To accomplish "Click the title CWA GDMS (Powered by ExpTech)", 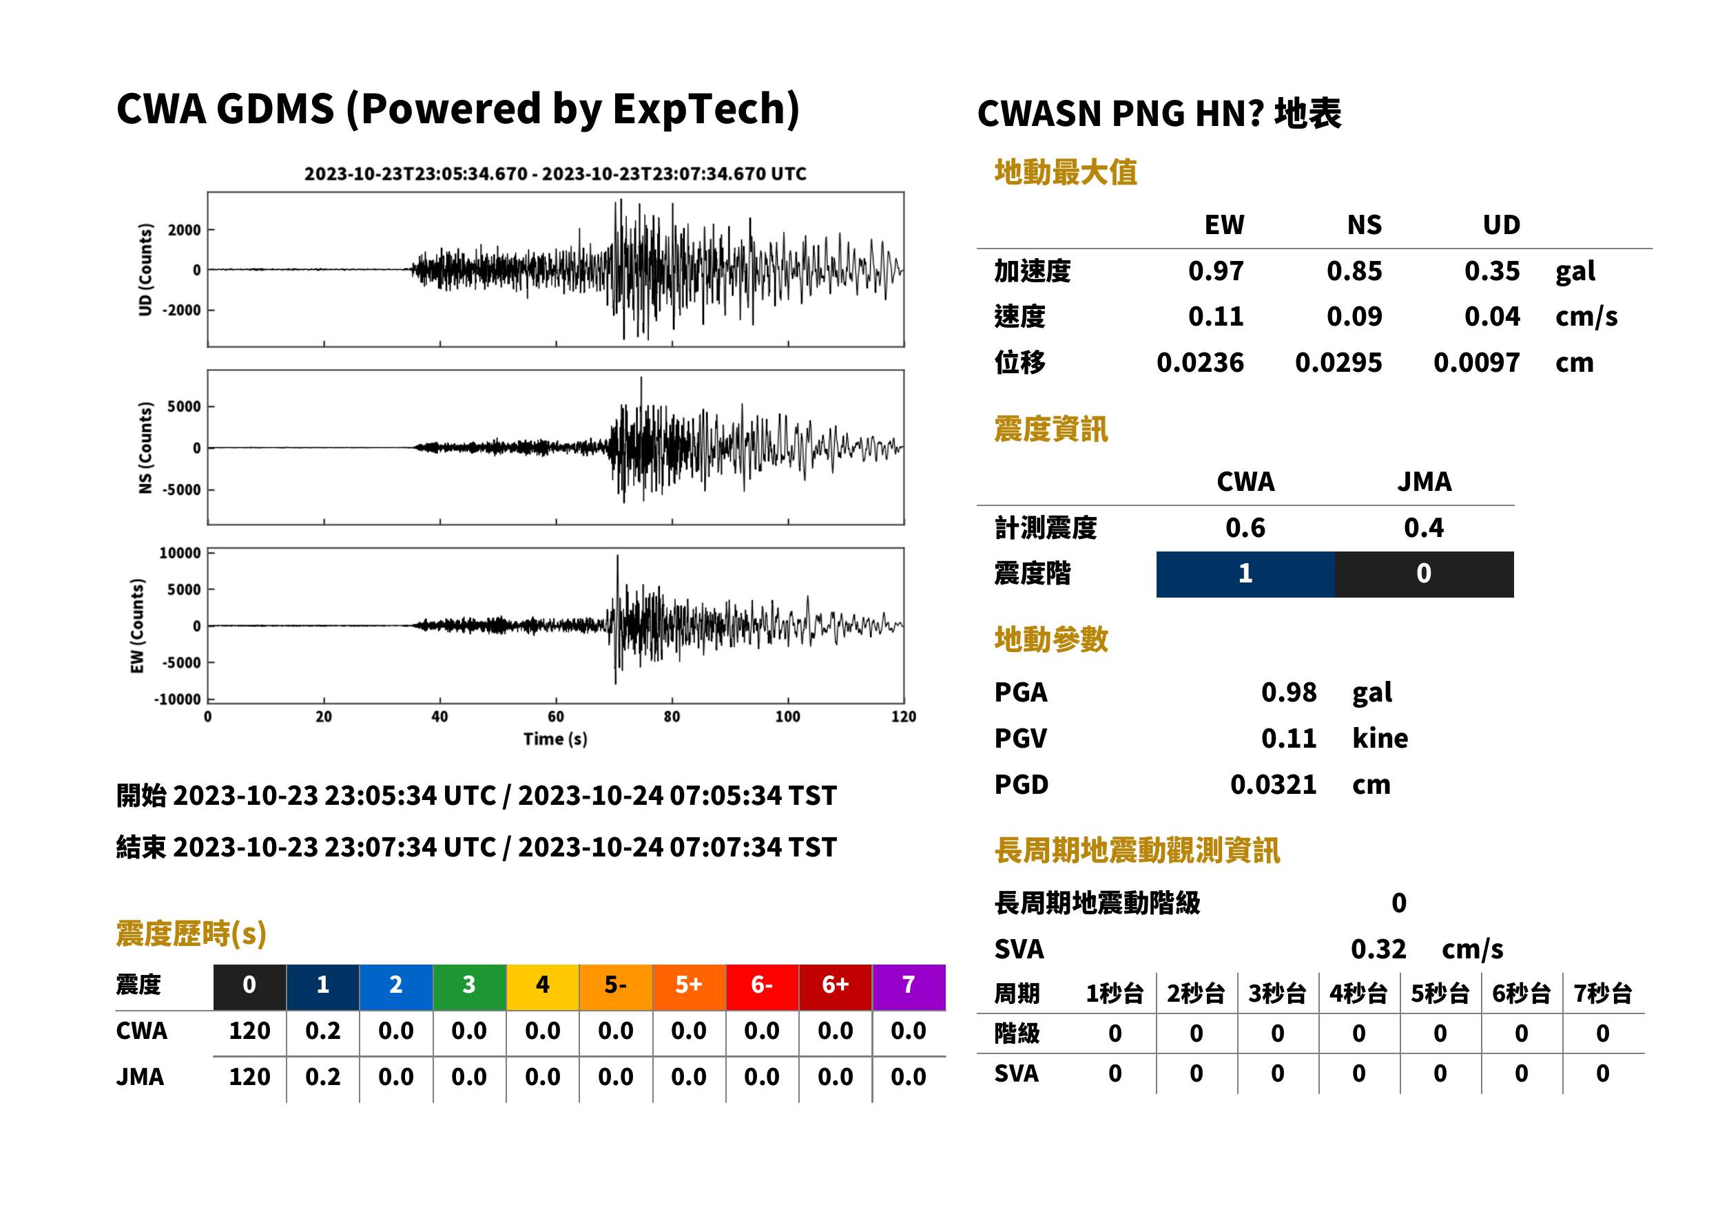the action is coord(457,109).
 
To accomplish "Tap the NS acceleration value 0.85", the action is coord(1354,271).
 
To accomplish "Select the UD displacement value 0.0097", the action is coord(1476,363).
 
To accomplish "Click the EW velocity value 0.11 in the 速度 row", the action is coord(1215,317).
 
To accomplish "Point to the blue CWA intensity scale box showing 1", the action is coord(1245,574).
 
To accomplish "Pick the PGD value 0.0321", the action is coord(1273,785).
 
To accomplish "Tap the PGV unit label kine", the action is coord(1380,739).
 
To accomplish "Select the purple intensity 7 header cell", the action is coord(909,987).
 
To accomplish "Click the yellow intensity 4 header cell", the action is coord(543,987).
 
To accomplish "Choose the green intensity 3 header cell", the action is coord(469,987).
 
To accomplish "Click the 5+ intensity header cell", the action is coord(689,987).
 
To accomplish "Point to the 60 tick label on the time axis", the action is coord(555,717).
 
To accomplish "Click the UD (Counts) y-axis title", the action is coord(145,270).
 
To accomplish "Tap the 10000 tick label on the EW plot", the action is coord(180,554).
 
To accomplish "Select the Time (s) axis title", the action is coord(555,739).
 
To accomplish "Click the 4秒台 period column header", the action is coord(1358,994).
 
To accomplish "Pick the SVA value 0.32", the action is coord(1378,949).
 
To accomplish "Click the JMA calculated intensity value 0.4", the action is coord(1423,528).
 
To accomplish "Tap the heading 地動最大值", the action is coord(1066,173).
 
